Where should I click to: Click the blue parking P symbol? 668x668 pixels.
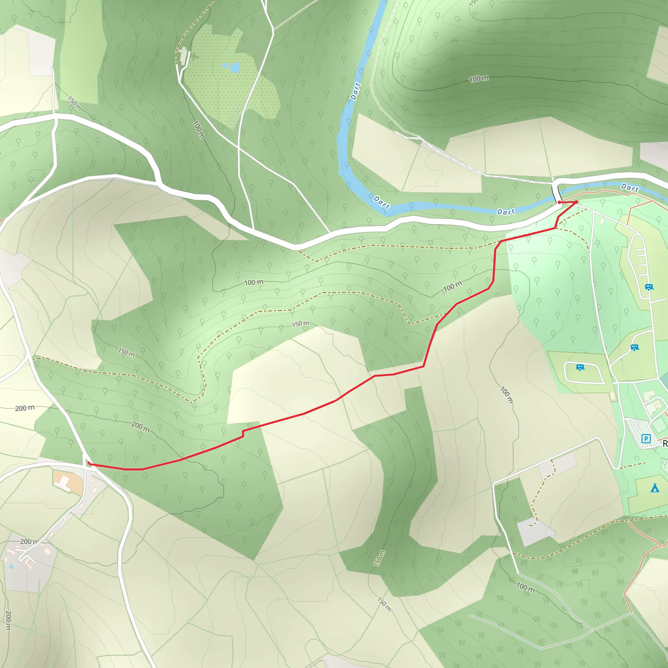646,439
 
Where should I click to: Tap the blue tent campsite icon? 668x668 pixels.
655,488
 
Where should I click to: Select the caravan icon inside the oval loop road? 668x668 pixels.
580,367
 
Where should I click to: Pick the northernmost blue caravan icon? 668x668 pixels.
649,287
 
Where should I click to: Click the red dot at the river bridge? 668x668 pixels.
559,202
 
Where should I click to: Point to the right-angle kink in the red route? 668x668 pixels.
243,433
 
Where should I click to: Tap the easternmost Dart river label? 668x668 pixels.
630,188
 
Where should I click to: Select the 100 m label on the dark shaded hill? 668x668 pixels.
478,79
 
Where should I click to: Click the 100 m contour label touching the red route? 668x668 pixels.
453,286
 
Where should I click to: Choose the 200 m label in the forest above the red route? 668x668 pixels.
140,427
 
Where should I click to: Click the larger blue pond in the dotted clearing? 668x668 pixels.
235,68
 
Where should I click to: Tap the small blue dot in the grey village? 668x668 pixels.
11,566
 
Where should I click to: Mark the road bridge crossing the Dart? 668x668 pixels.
555,194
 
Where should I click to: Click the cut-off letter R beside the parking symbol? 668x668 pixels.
664,444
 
